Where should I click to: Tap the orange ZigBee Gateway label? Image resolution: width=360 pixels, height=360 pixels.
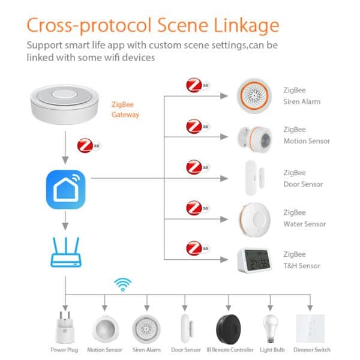[x=126, y=109]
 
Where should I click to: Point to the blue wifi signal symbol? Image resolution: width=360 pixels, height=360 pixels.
[x=124, y=284]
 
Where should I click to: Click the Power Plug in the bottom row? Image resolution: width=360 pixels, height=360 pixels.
[x=65, y=327]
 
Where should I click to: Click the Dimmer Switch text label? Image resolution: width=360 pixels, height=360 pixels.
[x=311, y=350]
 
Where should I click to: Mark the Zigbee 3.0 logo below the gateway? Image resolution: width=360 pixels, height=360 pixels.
[x=86, y=146]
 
